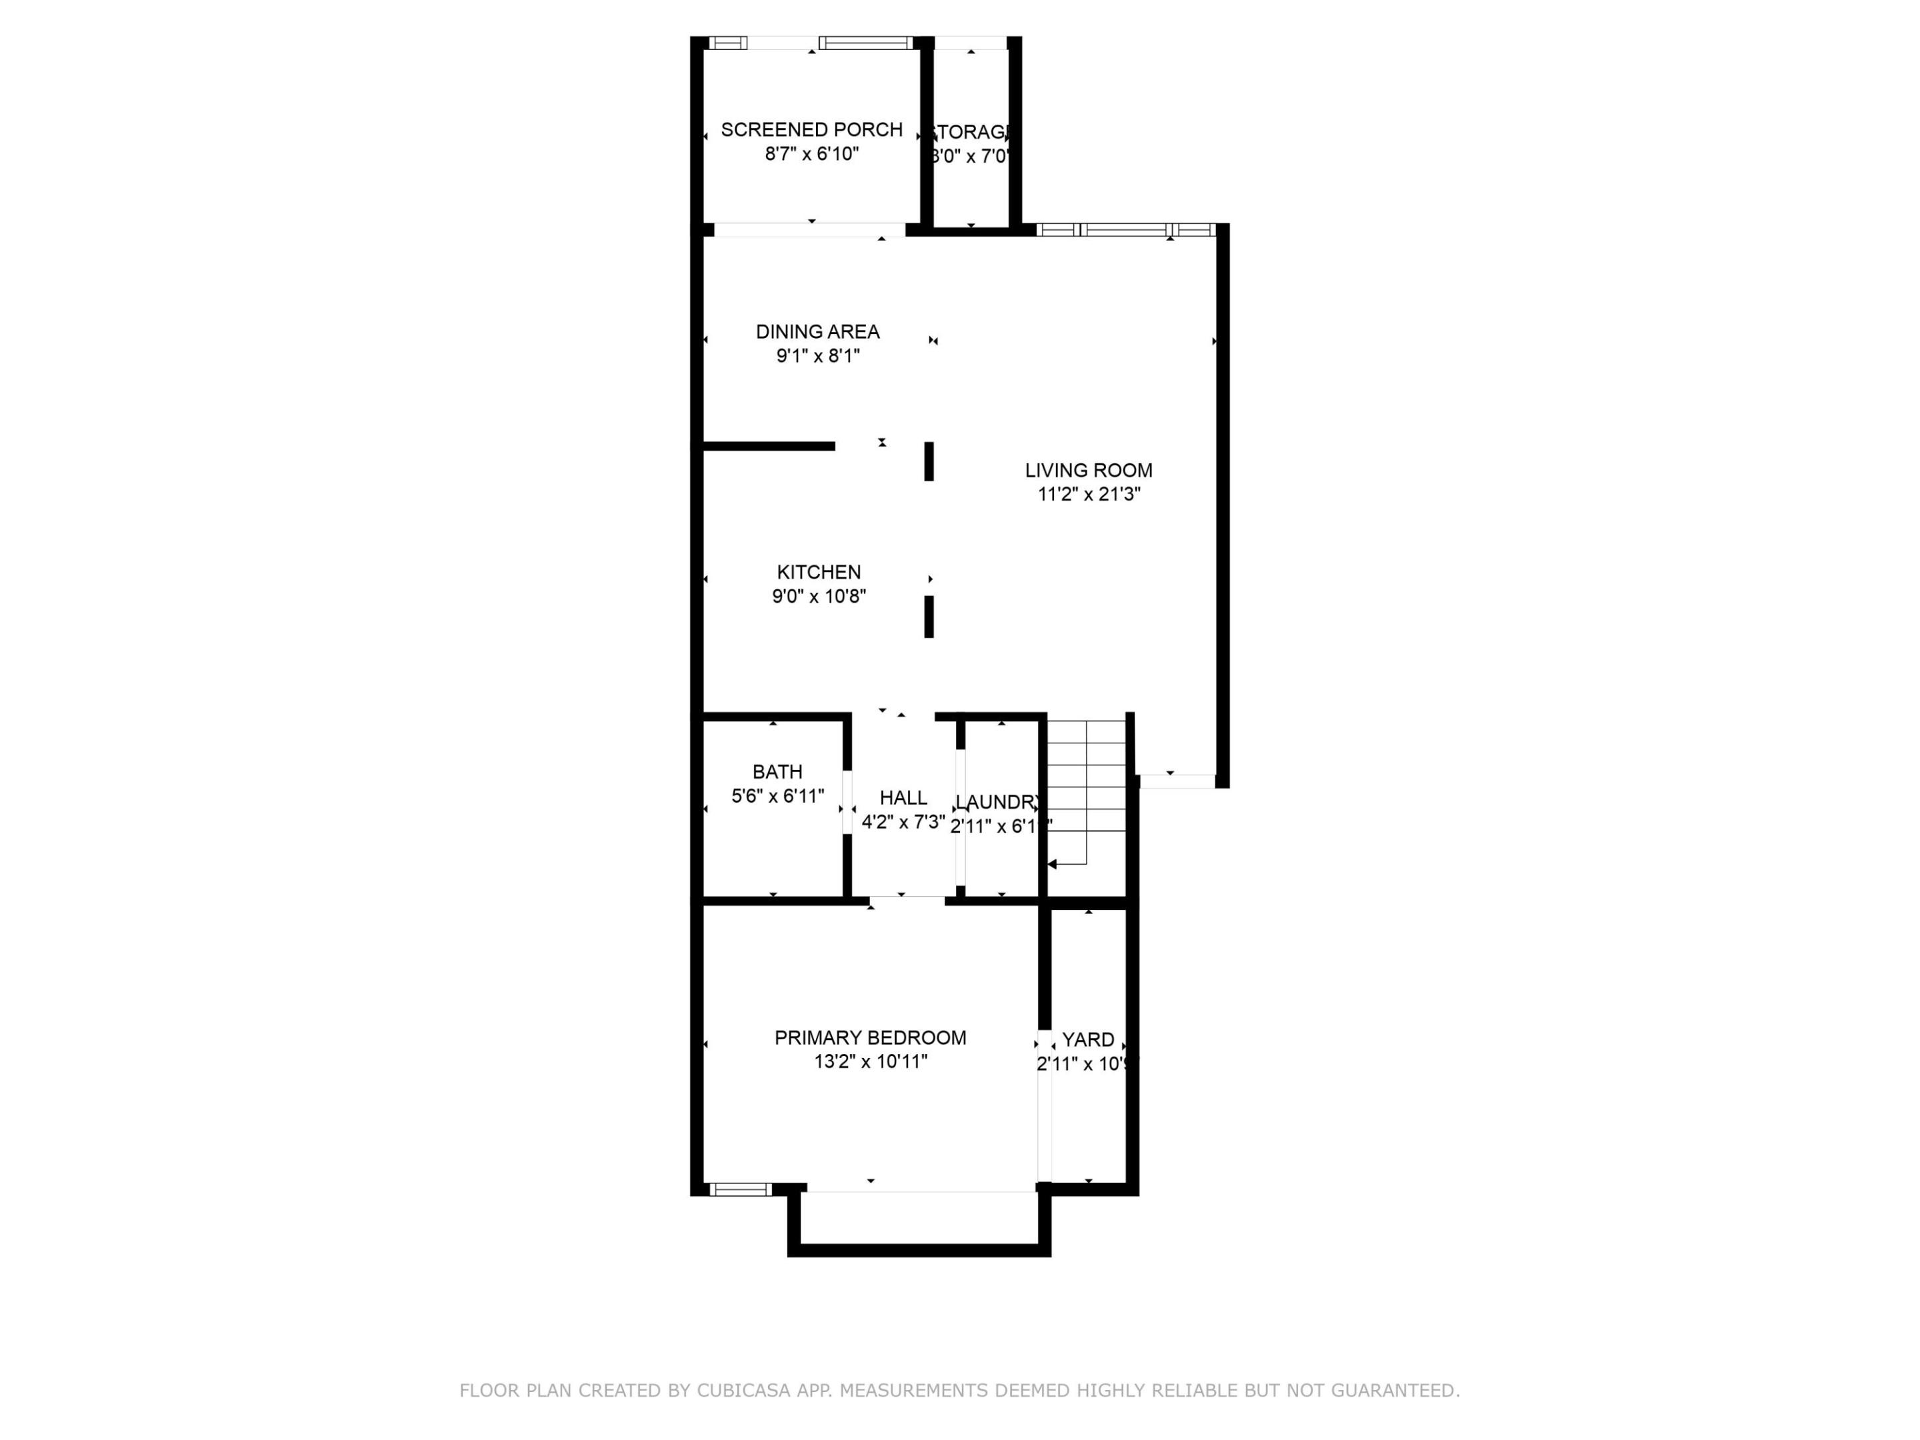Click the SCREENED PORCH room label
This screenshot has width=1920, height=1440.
[x=811, y=130]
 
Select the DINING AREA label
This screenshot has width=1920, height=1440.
[x=817, y=331]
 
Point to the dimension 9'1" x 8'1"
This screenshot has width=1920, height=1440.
[x=817, y=356]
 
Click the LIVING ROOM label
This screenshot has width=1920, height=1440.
[x=1089, y=471]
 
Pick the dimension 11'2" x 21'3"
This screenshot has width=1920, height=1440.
[x=1089, y=495]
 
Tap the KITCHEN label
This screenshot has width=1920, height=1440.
[x=819, y=572]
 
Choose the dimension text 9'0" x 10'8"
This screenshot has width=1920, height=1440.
[x=819, y=596]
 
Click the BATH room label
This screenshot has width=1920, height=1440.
[x=777, y=771]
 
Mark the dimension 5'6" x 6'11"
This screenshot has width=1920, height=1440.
[x=777, y=796]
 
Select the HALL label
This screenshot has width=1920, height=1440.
[x=903, y=798]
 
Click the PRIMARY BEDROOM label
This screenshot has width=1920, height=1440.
[x=870, y=1037]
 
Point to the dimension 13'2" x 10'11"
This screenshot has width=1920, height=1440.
[x=870, y=1061]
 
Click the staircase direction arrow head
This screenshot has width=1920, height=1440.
[x=1053, y=865]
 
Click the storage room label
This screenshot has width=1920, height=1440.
[x=971, y=132]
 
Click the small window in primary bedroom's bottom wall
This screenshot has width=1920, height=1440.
[x=741, y=1189]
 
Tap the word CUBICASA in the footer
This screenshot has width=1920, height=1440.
[x=743, y=1391]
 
